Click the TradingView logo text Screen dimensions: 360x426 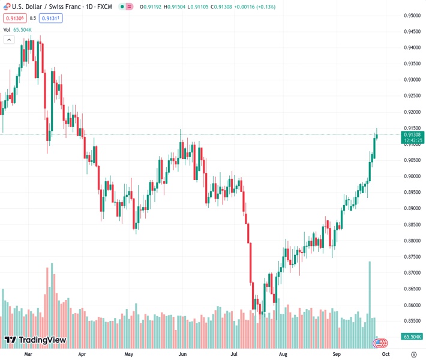[42, 340]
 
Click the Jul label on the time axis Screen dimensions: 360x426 [233, 355]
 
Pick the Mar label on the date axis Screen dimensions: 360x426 [28, 355]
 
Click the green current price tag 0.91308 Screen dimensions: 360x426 [413, 135]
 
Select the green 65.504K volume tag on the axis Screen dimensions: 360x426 [412, 337]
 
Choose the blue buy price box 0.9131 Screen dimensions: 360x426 [52, 18]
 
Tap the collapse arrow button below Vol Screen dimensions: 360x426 [8, 40]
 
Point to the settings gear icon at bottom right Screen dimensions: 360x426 [413, 355]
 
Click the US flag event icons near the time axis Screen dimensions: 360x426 [379, 343]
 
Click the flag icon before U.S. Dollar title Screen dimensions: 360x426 [7, 7]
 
